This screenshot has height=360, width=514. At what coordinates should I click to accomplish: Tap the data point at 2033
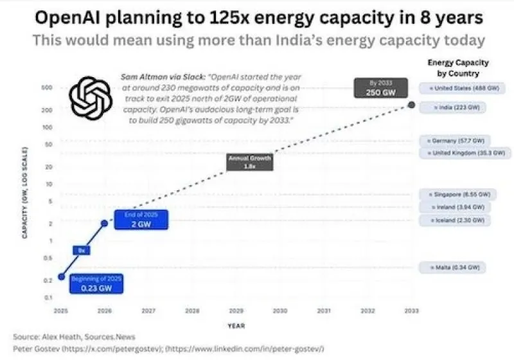[411, 105]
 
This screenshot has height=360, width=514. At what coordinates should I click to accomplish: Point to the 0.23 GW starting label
[96, 284]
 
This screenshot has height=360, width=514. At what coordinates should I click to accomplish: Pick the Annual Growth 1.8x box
[250, 162]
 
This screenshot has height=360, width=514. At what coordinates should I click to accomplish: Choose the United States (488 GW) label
[453, 87]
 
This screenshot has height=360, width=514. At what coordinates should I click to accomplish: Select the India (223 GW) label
[452, 107]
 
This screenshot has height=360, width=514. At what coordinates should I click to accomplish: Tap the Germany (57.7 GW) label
[453, 140]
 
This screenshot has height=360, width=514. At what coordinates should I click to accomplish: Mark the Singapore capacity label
[456, 194]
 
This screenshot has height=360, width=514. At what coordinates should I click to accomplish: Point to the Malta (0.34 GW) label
[451, 267]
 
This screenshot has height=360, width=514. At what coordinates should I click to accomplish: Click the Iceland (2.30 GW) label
[453, 221]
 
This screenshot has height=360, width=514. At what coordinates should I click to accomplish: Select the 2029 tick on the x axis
[236, 310]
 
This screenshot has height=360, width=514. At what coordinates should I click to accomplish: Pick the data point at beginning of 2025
[61, 276]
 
